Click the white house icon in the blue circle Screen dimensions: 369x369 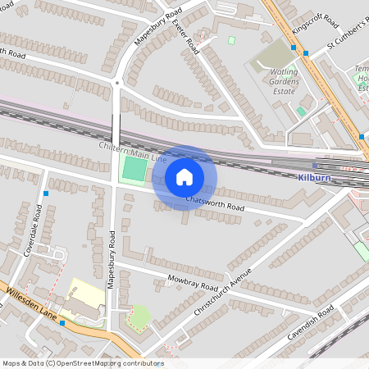(x=184, y=176)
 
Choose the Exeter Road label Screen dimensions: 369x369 (x=188, y=33)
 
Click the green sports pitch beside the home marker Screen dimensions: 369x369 (x=134, y=170)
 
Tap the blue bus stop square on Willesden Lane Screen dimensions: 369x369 (x=62, y=323)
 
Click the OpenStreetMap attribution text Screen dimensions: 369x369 (x=82, y=362)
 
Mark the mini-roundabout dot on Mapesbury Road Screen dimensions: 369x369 (x=118, y=83)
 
